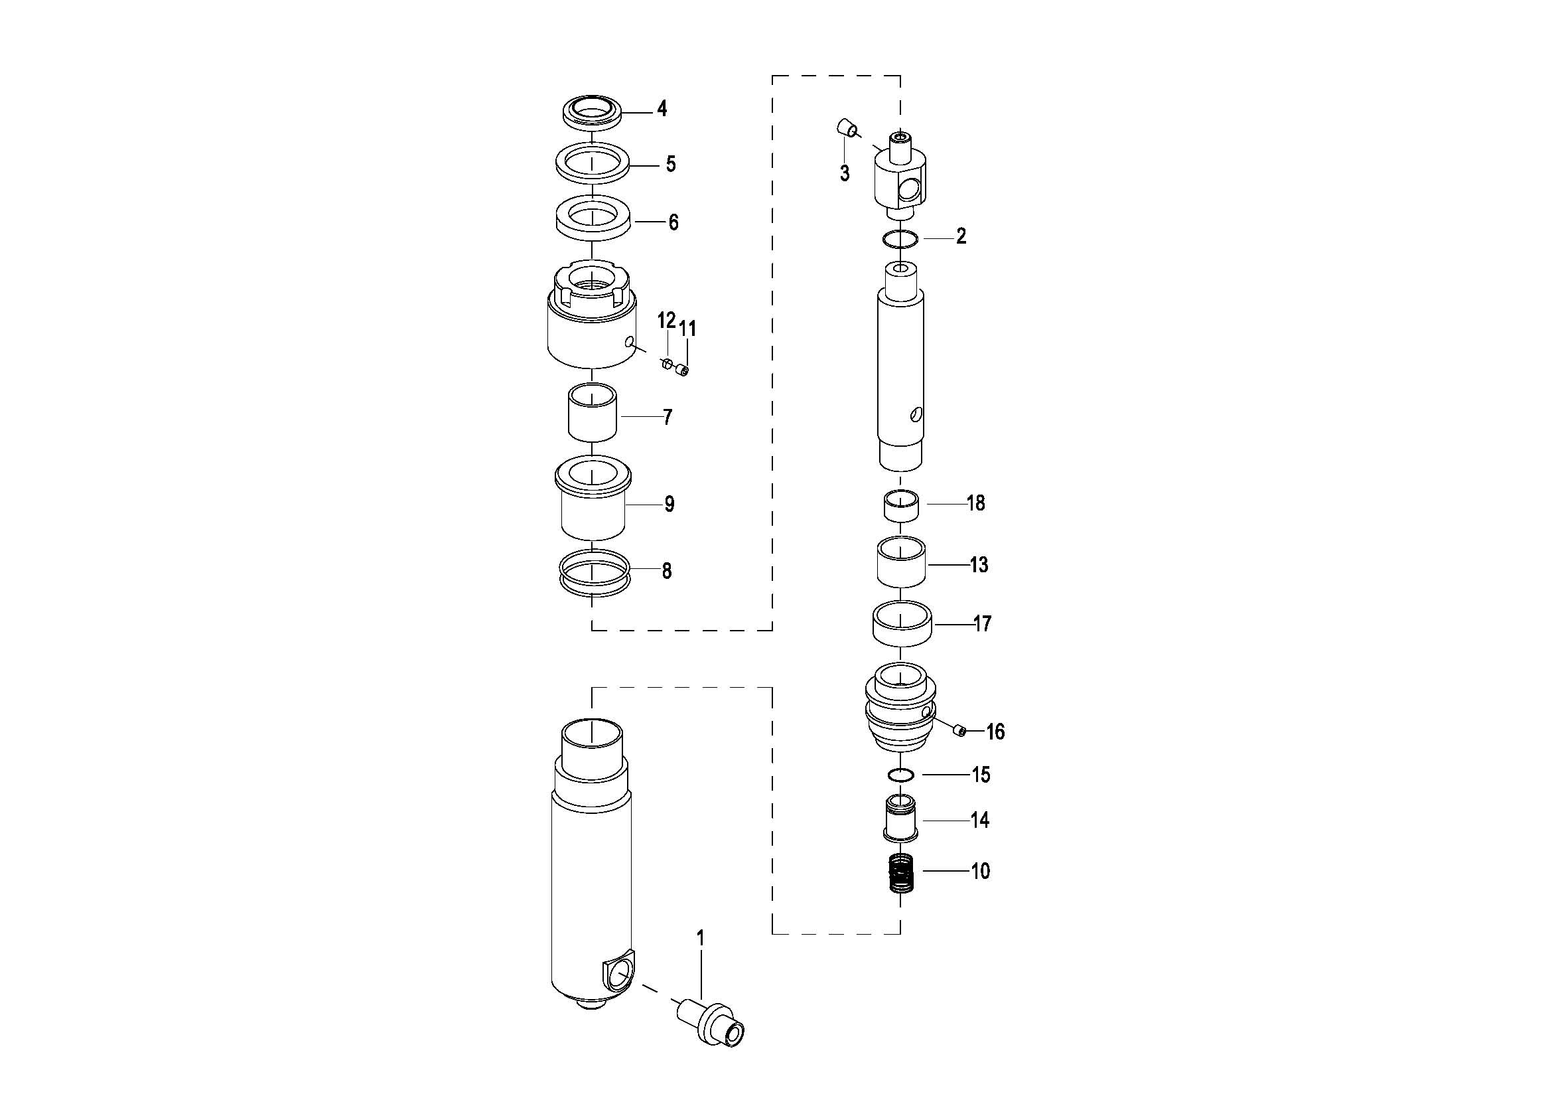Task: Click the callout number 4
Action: point(662,109)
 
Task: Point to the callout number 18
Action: point(976,503)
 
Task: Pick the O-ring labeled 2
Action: point(900,240)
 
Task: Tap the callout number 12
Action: point(666,320)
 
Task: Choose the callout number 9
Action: point(669,504)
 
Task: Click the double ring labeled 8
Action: point(592,573)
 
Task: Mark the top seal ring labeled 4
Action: point(591,111)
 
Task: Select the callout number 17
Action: point(982,623)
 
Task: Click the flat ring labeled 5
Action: point(593,163)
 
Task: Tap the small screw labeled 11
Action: point(683,370)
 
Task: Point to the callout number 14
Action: point(979,820)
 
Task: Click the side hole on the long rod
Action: point(915,414)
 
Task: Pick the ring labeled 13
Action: point(901,562)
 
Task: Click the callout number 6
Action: point(673,222)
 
